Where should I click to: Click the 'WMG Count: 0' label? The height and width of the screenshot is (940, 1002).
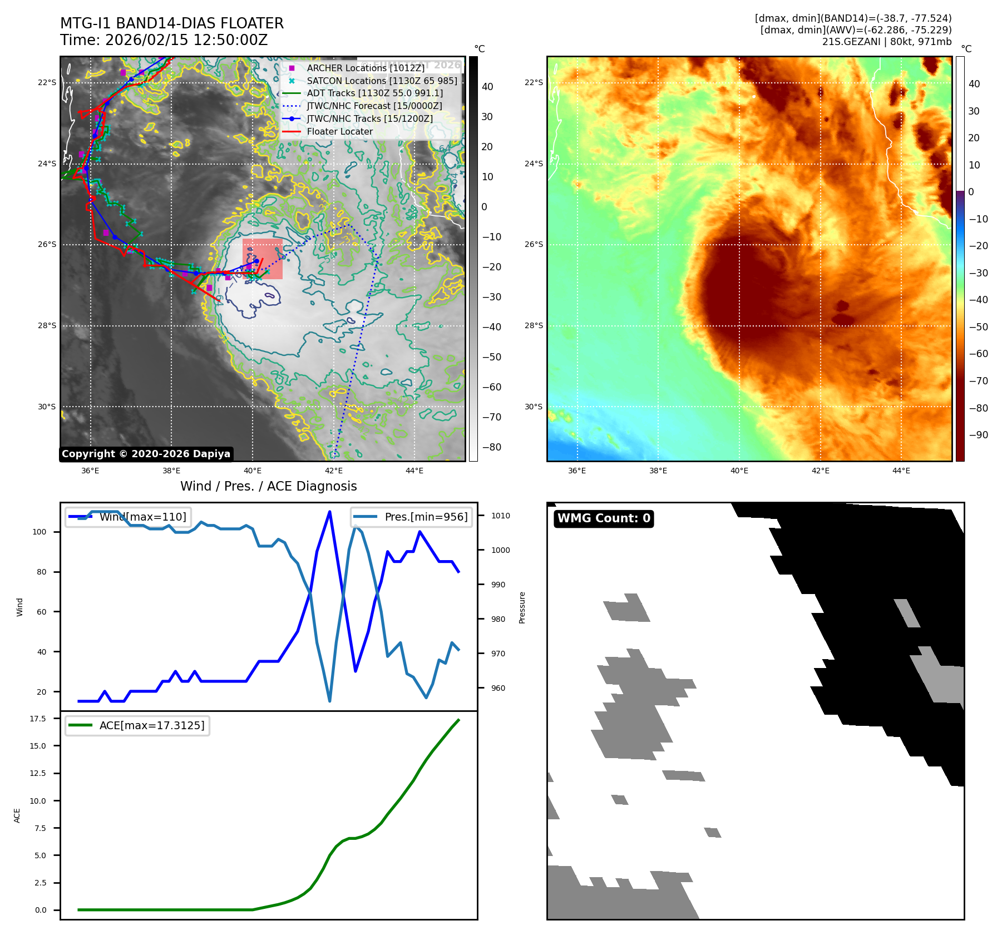(x=604, y=518)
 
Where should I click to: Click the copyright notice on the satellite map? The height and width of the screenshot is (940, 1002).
(x=146, y=454)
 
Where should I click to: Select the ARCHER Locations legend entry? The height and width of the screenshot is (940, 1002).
(x=365, y=68)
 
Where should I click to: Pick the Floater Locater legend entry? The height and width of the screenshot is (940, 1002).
(x=339, y=132)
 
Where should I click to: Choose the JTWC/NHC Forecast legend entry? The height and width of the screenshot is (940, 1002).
(x=374, y=106)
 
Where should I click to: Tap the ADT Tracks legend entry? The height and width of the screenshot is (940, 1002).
(x=374, y=93)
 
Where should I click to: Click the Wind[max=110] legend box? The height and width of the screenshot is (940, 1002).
(x=127, y=517)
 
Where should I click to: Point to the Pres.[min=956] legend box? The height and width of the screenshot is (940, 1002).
(x=412, y=517)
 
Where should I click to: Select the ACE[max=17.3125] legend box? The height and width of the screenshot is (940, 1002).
(x=137, y=725)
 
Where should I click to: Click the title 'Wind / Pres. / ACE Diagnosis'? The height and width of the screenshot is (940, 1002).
(x=269, y=486)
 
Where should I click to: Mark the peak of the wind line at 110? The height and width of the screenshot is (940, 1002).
(x=330, y=512)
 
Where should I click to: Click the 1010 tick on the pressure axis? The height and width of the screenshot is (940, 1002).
(x=500, y=516)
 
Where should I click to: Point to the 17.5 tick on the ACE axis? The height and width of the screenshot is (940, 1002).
(x=38, y=719)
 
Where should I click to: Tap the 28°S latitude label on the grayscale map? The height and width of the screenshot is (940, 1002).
(x=47, y=326)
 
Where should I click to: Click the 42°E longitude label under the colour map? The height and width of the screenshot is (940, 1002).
(x=820, y=471)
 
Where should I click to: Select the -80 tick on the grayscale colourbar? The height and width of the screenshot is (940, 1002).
(x=491, y=447)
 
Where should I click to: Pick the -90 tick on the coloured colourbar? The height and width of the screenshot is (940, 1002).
(x=978, y=435)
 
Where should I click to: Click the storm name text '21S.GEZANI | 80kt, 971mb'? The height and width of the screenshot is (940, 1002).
(x=887, y=42)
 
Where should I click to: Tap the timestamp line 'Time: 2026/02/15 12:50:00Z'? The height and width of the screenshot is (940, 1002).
(x=164, y=40)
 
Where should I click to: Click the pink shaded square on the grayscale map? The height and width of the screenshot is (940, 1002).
(x=263, y=259)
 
